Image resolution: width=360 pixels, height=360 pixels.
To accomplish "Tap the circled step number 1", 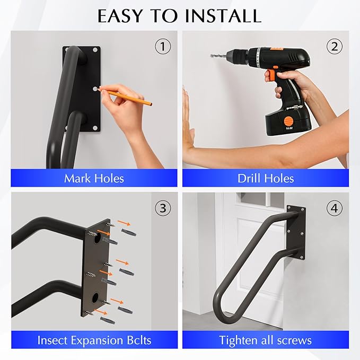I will tap(163, 47).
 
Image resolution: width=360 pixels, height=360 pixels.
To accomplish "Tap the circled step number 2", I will tap(333, 47).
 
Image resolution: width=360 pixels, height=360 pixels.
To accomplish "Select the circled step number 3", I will tap(163, 208).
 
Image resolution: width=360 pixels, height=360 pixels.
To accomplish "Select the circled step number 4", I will tap(333, 208).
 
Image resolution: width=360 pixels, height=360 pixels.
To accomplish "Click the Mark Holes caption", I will tap(94, 178).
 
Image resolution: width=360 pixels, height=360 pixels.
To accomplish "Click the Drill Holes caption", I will tap(266, 178).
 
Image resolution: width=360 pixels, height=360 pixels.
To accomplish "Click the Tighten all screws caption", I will tap(266, 340).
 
